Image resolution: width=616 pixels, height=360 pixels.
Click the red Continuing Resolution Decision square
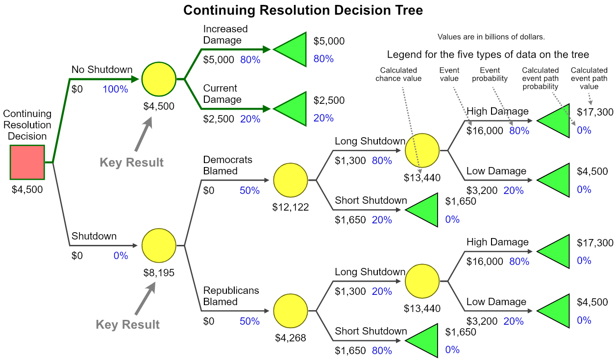27,162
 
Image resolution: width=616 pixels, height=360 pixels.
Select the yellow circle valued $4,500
158,78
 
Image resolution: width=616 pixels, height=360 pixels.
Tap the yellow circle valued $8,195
158,245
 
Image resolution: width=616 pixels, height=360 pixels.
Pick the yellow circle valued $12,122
290,180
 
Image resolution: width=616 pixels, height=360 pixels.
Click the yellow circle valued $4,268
290,311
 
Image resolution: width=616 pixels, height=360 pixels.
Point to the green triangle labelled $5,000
291,49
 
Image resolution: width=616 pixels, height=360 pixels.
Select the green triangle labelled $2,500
291,108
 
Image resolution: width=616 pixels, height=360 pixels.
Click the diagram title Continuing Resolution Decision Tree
303,10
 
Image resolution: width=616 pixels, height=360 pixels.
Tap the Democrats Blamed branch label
227,165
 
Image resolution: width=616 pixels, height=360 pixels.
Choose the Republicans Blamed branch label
231,296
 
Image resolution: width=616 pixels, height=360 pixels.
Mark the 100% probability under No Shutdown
115,89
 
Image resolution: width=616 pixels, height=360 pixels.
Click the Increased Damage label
225,34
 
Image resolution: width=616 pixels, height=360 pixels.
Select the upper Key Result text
131,162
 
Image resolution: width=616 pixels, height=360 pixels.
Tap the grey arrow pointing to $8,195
145,298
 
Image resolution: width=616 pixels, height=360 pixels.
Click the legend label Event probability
490,74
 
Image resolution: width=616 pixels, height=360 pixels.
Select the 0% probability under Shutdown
121,256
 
